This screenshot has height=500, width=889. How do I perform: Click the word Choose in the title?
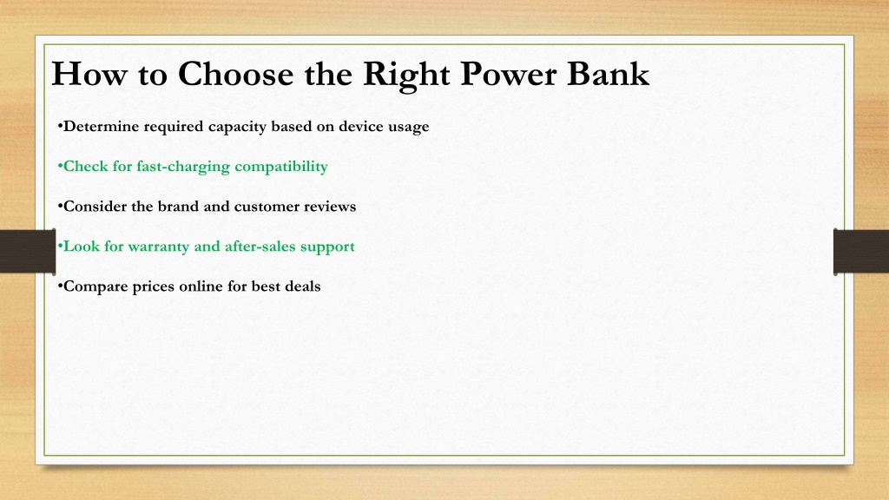[x=236, y=74]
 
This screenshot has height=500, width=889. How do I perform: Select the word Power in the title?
[x=508, y=74]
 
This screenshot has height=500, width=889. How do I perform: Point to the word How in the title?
[x=89, y=74]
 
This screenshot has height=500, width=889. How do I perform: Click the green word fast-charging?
[x=183, y=167]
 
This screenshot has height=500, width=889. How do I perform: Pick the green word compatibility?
[x=281, y=167]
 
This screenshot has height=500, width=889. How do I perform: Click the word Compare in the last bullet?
[x=95, y=286]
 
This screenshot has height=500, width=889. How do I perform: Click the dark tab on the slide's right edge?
[x=861, y=252]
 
